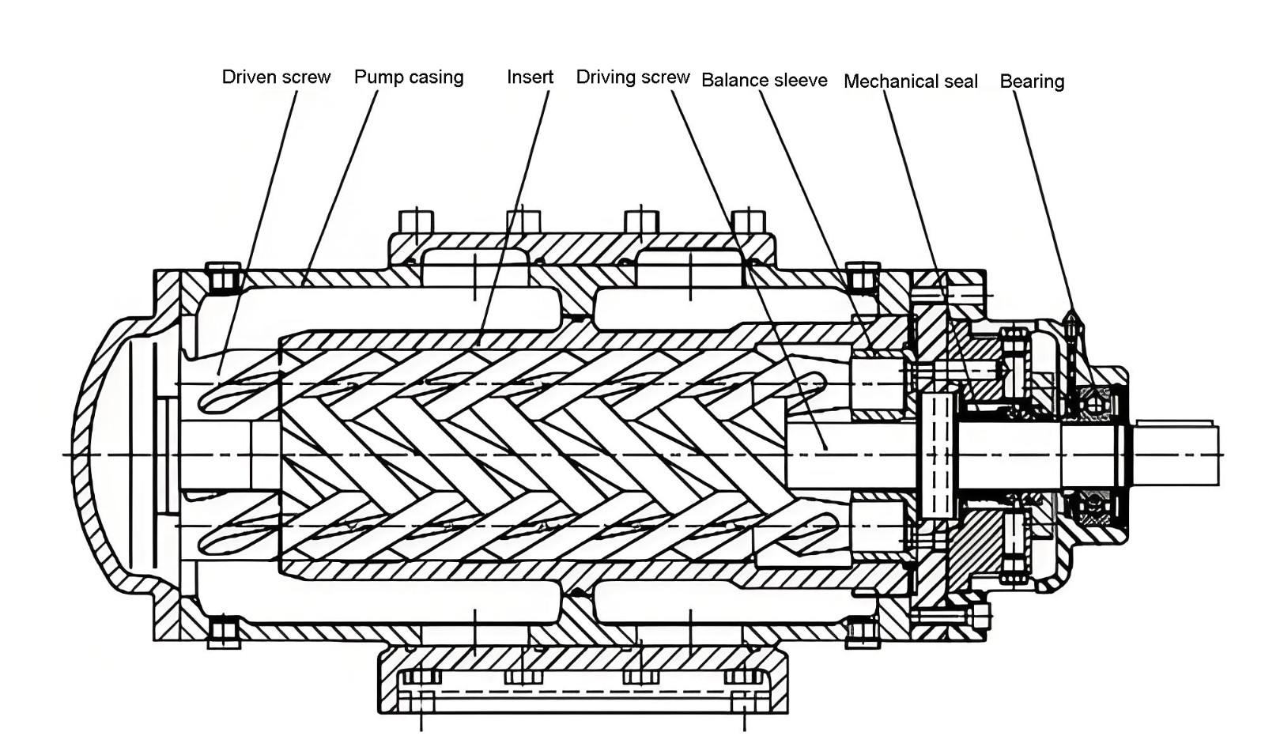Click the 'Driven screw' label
tap(275, 77)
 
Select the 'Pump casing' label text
tap(408, 77)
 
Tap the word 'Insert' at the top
tap(530, 77)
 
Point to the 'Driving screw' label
tap(632, 77)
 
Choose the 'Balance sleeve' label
tap(764, 80)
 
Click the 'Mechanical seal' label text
tap(910, 81)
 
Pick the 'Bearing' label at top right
tap(1032, 81)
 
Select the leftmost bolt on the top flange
tap(417, 223)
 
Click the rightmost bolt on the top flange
tap(748, 223)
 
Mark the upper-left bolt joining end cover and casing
tap(225, 277)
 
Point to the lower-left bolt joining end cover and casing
tap(225, 631)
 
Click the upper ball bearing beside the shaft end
tap(1094, 405)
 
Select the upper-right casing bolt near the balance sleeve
tap(863, 277)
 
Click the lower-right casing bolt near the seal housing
tap(863, 631)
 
